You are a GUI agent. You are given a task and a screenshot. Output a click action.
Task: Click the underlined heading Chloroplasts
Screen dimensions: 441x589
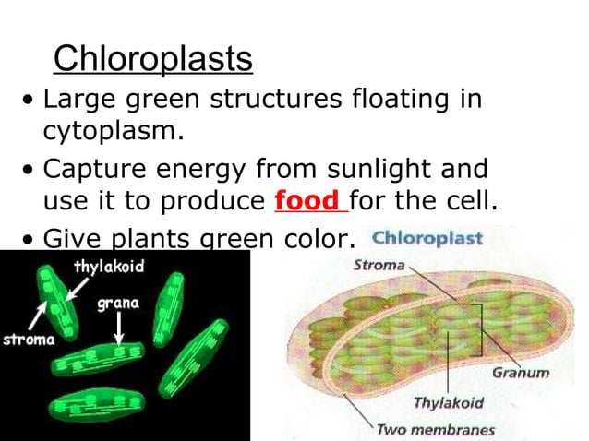point(152,59)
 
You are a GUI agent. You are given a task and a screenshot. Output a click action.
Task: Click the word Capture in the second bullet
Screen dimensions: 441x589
point(90,170)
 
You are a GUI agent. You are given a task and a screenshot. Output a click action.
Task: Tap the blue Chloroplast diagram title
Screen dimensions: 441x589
point(427,239)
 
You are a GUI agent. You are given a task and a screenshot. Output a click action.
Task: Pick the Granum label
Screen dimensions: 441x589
point(521,373)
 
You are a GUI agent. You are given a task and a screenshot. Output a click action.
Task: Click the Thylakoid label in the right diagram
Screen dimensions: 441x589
point(447,403)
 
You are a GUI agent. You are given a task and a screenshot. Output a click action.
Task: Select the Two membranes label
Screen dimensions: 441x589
point(435,429)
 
